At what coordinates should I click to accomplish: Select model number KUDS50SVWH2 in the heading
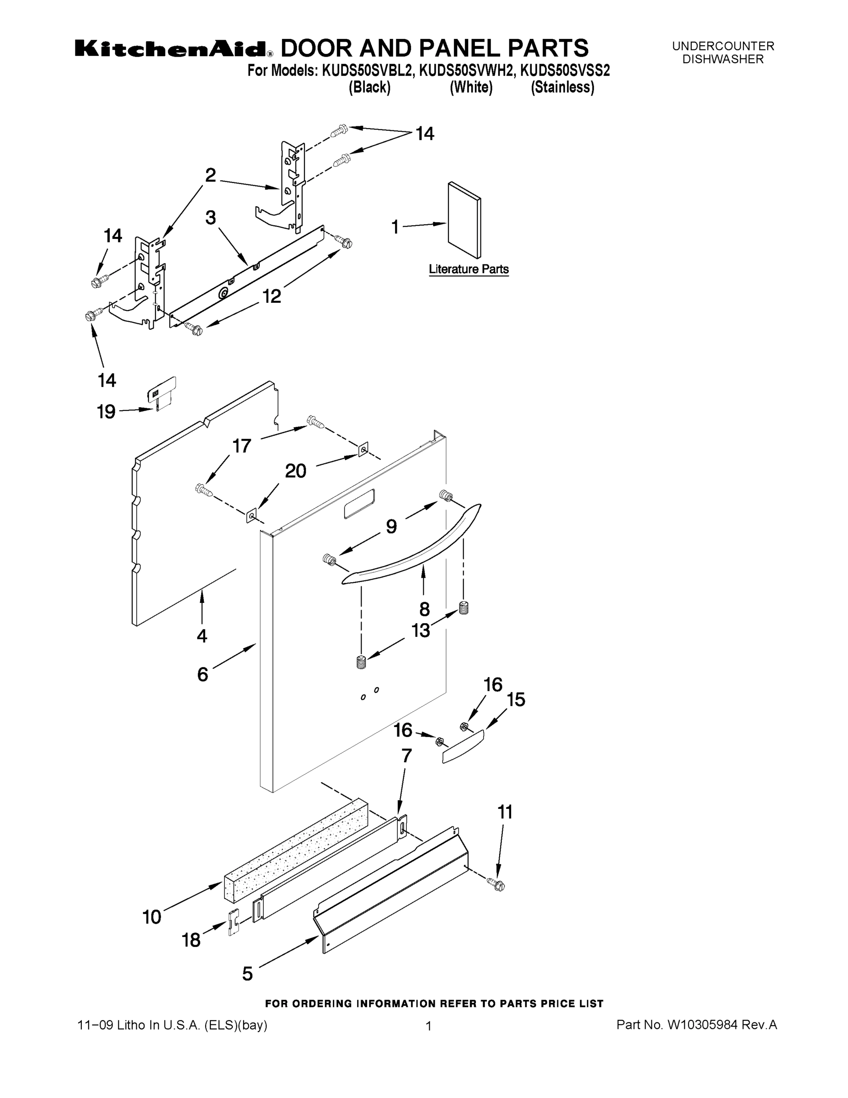pyautogui.click(x=467, y=71)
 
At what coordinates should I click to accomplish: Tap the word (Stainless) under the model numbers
pyautogui.click(x=562, y=87)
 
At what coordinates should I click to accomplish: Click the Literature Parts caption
pyautogui.click(x=468, y=269)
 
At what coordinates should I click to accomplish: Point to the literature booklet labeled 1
pyautogui.click(x=464, y=220)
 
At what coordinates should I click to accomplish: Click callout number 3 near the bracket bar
pyautogui.click(x=210, y=218)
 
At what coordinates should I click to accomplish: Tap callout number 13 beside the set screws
pyautogui.click(x=421, y=630)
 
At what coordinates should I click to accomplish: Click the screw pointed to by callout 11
pyautogui.click(x=497, y=885)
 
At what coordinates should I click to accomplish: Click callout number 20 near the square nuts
pyautogui.click(x=295, y=471)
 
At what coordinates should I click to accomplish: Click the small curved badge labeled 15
pyautogui.click(x=463, y=747)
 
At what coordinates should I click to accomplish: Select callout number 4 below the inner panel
pyautogui.click(x=202, y=636)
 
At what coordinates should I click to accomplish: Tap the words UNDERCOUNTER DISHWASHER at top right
pyautogui.click(x=723, y=53)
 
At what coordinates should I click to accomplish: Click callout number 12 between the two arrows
pyautogui.click(x=272, y=296)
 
